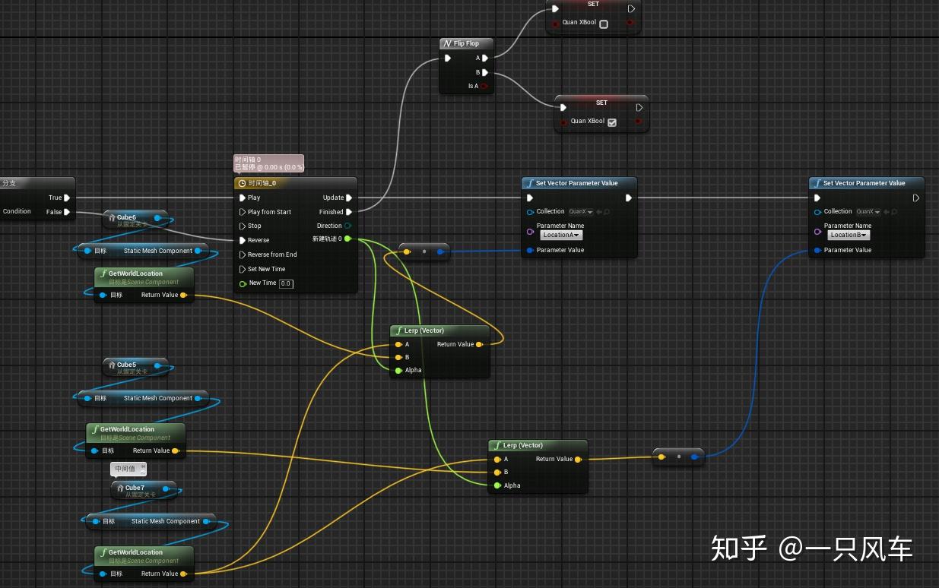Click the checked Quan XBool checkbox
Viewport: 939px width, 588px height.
[612, 122]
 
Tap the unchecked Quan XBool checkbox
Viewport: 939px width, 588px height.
[604, 24]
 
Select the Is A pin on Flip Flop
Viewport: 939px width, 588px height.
[484, 87]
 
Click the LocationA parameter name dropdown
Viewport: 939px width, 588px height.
[561, 235]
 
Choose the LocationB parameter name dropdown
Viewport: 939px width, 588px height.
[849, 235]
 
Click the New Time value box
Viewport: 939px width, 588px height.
[286, 283]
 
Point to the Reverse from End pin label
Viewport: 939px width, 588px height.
[272, 254]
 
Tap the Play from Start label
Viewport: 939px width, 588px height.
[269, 212]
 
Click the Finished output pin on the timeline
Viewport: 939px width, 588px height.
[349, 212]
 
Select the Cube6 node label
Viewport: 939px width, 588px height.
[126, 217]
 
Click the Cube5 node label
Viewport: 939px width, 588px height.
[126, 365]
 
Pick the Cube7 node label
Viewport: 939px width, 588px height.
[135, 488]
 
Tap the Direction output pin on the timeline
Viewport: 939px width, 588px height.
[348, 226]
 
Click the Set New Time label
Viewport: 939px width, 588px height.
[266, 269]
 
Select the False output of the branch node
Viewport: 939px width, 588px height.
[67, 212]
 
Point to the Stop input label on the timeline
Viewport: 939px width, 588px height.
[254, 226]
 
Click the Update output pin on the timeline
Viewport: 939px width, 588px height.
[349, 198]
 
